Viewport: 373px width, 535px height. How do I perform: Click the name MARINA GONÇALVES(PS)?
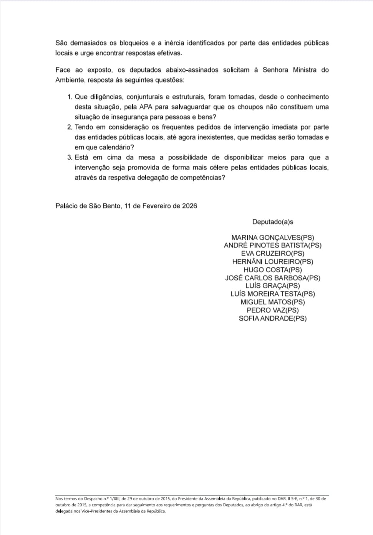(272, 238)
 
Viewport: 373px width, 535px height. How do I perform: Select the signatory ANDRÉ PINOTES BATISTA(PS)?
(272, 245)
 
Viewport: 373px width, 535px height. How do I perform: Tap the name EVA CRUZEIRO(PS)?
(272, 254)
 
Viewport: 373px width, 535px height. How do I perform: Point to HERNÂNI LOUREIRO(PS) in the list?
(272, 262)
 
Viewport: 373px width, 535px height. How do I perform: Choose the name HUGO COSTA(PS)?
(272, 270)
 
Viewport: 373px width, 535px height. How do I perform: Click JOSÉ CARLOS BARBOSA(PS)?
(272, 278)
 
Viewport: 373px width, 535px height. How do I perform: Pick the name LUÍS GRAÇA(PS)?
(272, 286)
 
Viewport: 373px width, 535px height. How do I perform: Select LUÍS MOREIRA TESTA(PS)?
(272, 294)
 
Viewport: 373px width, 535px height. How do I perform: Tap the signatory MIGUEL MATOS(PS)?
(272, 302)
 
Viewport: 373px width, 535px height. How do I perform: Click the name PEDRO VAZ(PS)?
(272, 310)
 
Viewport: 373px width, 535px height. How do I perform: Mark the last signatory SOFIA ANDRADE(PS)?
(272, 318)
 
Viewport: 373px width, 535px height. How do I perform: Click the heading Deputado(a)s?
(272, 222)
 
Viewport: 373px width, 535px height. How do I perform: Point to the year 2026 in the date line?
(189, 206)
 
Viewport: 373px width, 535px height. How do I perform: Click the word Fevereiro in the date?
(156, 206)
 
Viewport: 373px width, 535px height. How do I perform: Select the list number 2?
(70, 127)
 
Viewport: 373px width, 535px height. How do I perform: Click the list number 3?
(70, 158)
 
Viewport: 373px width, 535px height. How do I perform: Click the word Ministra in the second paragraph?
(305, 70)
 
